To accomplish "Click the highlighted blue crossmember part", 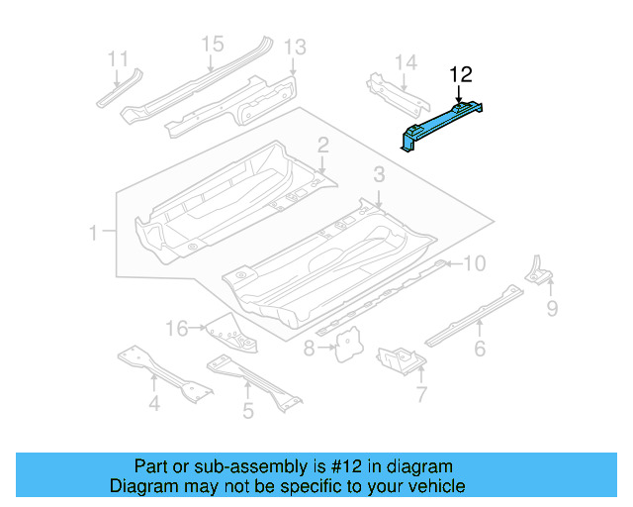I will (x=443, y=121).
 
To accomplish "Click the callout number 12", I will (x=462, y=74).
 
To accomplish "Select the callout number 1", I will (x=94, y=234).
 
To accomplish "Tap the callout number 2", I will (x=323, y=147).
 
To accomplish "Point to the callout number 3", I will (x=379, y=175).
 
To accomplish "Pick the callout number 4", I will (x=154, y=403).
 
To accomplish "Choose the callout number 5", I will (x=248, y=409).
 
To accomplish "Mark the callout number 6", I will (x=480, y=348).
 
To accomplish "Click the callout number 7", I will (x=421, y=397).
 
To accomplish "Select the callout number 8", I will (x=309, y=349).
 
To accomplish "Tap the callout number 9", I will (x=552, y=309).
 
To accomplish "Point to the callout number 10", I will (x=475, y=263).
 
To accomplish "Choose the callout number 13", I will (x=296, y=47).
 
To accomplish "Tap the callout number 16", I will (x=176, y=328).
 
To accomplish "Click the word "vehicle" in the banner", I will (x=431, y=486).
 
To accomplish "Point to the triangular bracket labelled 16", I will (x=230, y=332).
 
